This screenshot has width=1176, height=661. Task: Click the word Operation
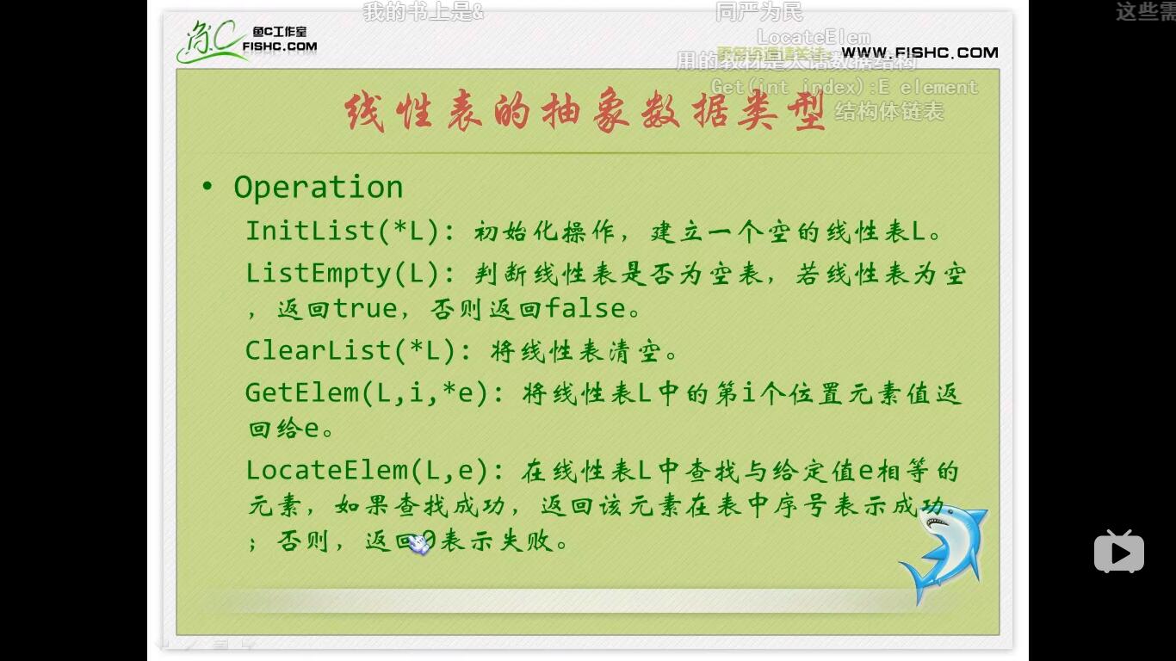(x=318, y=188)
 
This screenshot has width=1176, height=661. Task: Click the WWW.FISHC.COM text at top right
(x=919, y=53)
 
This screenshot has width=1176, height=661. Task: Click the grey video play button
(x=1118, y=552)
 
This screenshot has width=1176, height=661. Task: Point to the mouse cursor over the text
(x=418, y=543)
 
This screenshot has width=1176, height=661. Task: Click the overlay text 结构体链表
(x=889, y=112)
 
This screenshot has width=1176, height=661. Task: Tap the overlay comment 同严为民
(x=758, y=12)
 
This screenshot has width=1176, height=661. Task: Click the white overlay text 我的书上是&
(x=423, y=12)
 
